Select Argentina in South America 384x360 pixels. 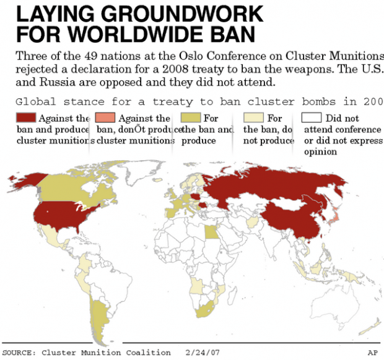pos(96,309)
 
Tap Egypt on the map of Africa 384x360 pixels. pos(211,233)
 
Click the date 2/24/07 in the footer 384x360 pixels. pos(203,353)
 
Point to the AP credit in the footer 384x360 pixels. pos(372,353)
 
